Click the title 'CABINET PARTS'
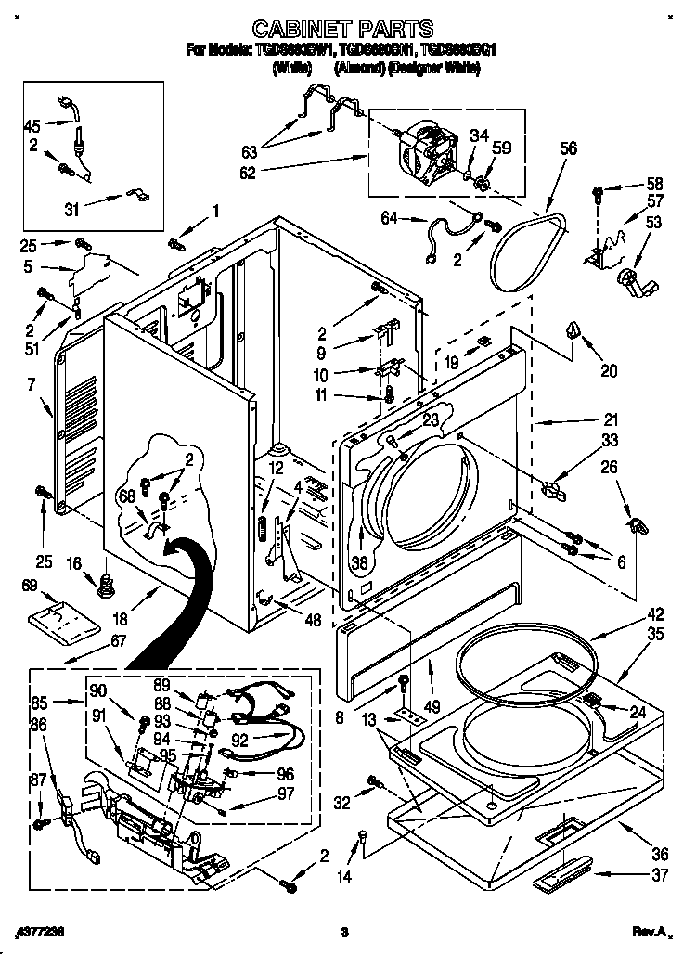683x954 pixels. (x=342, y=30)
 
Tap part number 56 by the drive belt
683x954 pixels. (x=568, y=148)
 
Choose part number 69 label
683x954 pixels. (x=29, y=585)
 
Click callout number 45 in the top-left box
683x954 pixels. (x=32, y=127)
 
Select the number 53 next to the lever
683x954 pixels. (x=653, y=222)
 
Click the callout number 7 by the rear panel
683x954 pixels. (x=31, y=383)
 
